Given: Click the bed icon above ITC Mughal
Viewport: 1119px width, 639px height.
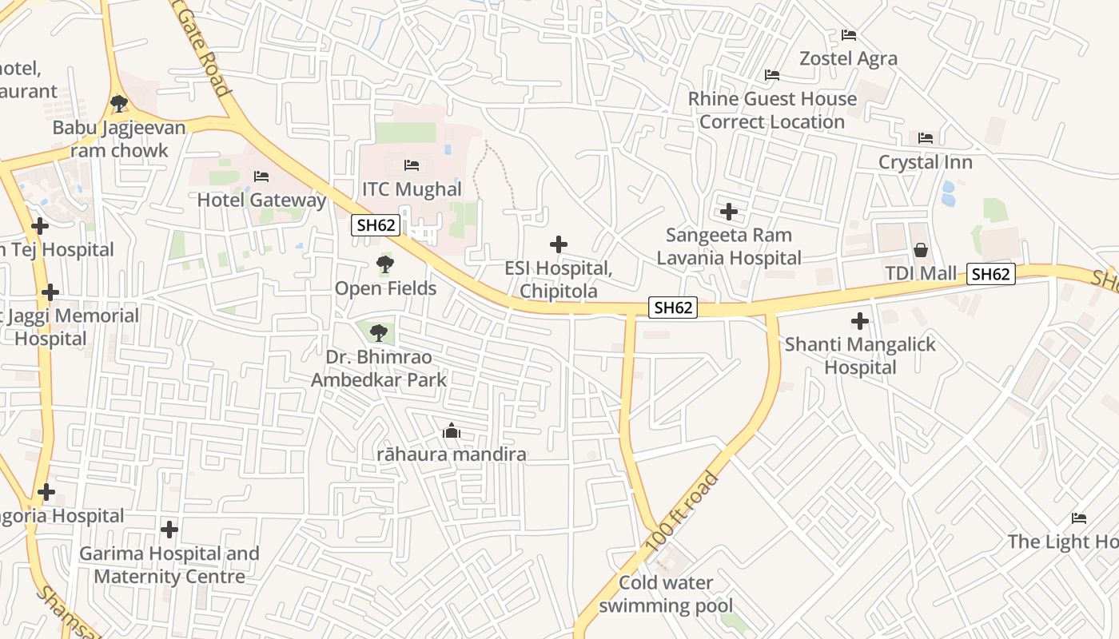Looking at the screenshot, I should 412,165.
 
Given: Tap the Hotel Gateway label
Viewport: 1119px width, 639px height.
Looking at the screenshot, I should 262,200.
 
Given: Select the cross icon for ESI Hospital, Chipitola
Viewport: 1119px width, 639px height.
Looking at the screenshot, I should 559,244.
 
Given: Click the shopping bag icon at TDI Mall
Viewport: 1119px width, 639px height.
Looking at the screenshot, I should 921,250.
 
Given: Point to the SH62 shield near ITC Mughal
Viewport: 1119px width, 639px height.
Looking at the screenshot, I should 376,225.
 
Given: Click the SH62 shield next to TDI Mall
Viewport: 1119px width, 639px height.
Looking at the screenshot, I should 991,274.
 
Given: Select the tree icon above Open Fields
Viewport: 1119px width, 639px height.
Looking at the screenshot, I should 384,264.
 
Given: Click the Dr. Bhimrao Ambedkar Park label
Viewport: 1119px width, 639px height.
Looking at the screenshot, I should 379,368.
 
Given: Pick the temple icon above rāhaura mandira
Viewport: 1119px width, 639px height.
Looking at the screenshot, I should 452,431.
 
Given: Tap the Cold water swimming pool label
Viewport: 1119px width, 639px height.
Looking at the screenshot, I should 666,594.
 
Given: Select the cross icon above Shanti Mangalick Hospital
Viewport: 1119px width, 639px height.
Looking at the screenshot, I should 860,321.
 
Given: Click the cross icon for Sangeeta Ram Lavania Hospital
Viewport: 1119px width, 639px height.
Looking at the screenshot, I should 729,212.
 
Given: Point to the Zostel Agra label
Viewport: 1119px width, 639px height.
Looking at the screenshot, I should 849,58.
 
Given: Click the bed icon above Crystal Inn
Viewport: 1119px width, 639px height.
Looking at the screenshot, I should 926,138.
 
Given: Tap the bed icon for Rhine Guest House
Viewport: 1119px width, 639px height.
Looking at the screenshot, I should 772,75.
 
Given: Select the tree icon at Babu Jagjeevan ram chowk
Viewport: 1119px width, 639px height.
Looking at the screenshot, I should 119,103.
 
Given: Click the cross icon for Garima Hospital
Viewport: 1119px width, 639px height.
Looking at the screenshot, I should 169,529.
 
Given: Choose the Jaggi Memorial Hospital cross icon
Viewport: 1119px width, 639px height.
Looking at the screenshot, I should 50,292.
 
